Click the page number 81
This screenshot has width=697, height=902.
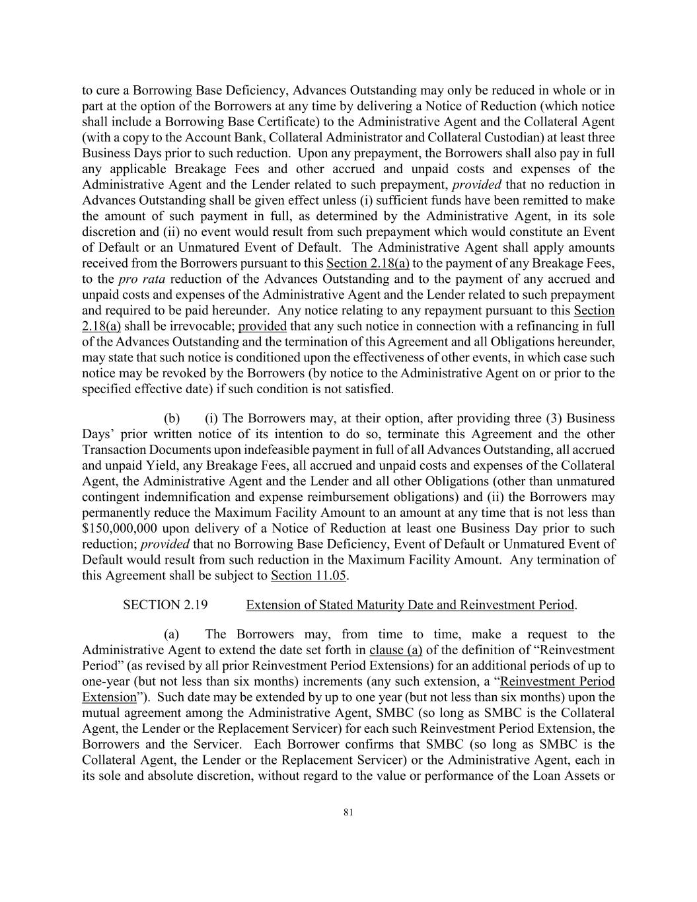(348, 813)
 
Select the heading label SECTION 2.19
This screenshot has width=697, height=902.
(161, 605)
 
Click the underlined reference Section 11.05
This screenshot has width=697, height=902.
(309, 576)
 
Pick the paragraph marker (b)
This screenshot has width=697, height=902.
(172, 418)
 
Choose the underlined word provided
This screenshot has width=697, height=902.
(262, 326)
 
